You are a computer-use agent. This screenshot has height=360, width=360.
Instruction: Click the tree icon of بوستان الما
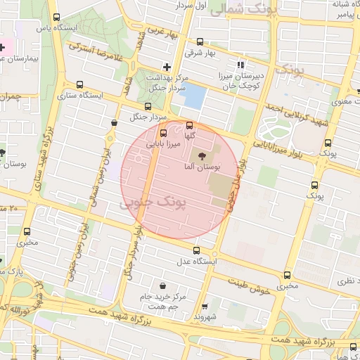pyautogui.click(x=202, y=155)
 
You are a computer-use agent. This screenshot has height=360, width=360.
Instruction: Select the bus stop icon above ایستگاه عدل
pyautogui.click(x=195, y=250)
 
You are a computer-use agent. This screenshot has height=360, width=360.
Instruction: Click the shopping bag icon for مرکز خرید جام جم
pyautogui.click(x=164, y=285)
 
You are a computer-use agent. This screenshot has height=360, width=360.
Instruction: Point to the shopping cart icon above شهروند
pyautogui.click(x=205, y=307)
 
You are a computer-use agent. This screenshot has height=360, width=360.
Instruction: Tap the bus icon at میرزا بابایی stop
pyautogui.click(x=164, y=132)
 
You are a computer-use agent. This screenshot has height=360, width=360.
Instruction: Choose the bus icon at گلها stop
pyautogui.click(x=189, y=125)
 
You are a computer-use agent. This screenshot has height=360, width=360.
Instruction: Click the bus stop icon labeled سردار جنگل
pyautogui.click(x=147, y=105)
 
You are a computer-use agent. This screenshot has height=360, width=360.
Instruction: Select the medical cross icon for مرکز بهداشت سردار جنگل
pyautogui.click(x=167, y=66)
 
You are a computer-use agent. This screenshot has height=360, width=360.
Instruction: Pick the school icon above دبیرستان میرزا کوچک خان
pyautogui.click(x=241, y=65)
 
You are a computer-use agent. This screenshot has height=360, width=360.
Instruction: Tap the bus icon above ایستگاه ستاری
pyautogui.click(x=79, y=84)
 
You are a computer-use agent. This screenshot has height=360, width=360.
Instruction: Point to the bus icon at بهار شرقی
pyautogui.click(x=200, y=41)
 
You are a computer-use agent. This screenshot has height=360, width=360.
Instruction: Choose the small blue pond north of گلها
pyautogui.click(x=194, y=96)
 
